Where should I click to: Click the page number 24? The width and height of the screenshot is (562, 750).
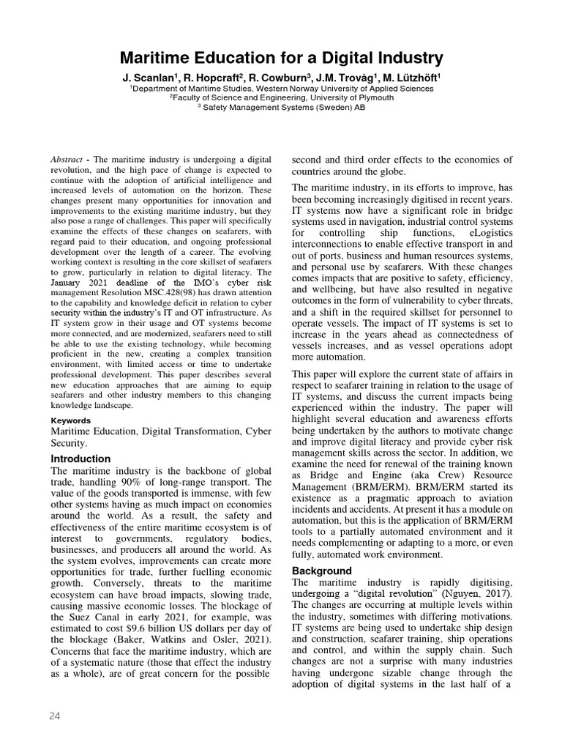click(x=54, y=716)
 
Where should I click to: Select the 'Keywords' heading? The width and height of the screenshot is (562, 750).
click(x=71, y=420)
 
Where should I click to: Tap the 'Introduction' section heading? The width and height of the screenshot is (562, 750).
click(x=80, y=458)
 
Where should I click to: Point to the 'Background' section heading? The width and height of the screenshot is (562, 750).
click(x=322, y=571)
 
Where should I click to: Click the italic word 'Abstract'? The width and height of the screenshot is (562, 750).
click(x=67, y=160)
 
